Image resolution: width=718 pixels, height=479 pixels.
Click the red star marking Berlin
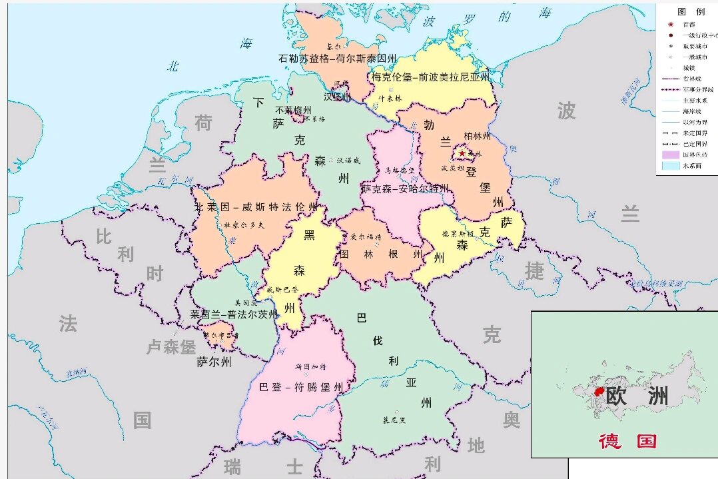(x=462, y=154)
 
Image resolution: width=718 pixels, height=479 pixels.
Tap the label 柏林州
(x=476, y=136)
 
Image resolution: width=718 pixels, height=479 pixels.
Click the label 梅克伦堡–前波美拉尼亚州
(x=430, y=77)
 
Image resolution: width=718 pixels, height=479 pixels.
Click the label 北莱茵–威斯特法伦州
(x=256, y=207)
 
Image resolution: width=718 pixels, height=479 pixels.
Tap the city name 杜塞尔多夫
(x=244, y=225)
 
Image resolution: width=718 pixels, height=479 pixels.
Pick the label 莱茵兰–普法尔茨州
(x=234, y=314)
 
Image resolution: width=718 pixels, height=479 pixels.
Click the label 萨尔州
(x=214, y=362)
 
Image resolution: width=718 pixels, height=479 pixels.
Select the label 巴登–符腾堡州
(x=301, y=387)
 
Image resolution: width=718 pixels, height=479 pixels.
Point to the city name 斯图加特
(x=310, y=367)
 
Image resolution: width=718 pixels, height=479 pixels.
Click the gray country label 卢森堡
(x=171, y=347)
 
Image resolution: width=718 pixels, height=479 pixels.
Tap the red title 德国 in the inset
(x=627, y=440)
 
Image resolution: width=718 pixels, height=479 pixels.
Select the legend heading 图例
(x=691, y=12)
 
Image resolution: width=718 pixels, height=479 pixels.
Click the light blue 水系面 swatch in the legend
(x=669, y=166)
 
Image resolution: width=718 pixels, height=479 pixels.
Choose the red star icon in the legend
(x=670, y=24)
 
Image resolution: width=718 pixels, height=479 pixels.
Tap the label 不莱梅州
(x=293, y=110)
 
